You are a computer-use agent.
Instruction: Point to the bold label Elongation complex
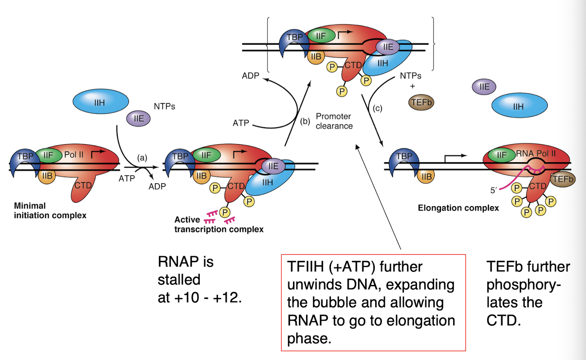pyautogui.click(x=458, y=207)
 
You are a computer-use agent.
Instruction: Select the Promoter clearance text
pyautogui.click(x=334, y=121)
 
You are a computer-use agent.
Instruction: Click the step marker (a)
pyautogui.click(x=142, y=158)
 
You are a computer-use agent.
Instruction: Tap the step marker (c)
pyautogui.click(x=378, y=109)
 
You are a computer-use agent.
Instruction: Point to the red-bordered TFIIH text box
pyautogui.click(x=373, y=302)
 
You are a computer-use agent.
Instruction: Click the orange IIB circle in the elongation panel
pyautogui.click(x=426, y=177)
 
